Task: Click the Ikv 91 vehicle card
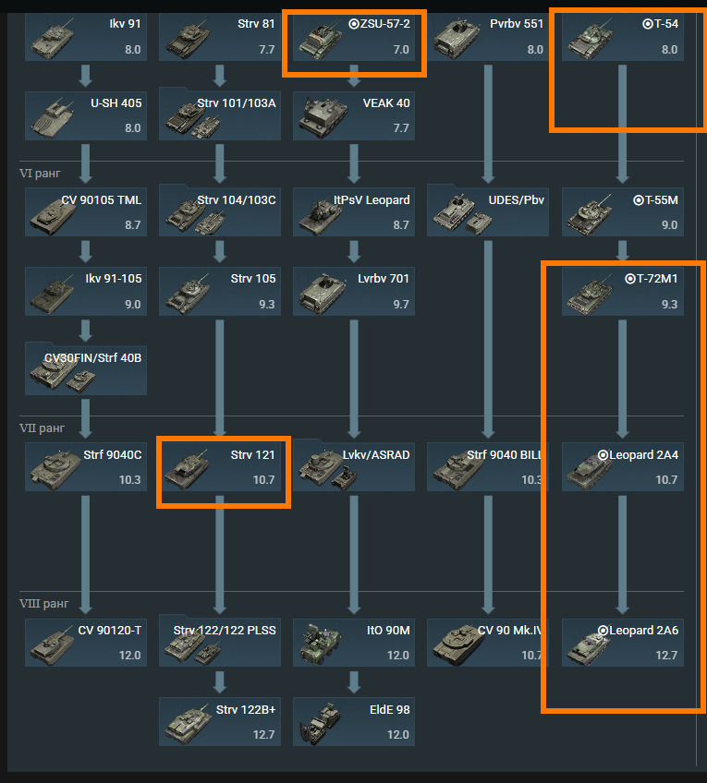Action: click(x=85, y=37)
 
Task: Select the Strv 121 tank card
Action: click(x=219, y=467)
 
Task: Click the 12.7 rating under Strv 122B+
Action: click(x=263, y=735)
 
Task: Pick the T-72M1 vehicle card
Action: click(x=622, y=291)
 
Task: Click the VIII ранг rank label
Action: click(x=44, y=604)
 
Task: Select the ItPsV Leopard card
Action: click(x=353, y=212)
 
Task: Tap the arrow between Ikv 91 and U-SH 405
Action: click(x=86, y=76)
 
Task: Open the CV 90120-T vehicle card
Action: click(x=85, y=643)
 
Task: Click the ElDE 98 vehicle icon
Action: click(x=318, y=722)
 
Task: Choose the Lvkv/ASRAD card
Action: click(x=353, y=467)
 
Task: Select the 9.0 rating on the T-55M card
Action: click(x=669, y=225)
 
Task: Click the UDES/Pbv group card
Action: click(x=487, y=212)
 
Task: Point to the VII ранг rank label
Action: click(x=43, y=428)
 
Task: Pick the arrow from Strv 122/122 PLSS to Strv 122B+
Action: click(x=220, y=681)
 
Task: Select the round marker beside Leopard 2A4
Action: click(x=603, y=454)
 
